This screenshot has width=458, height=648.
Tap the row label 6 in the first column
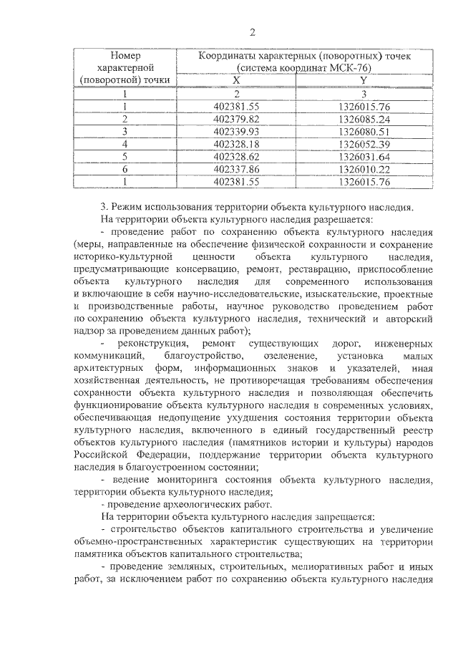click(125, 170)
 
